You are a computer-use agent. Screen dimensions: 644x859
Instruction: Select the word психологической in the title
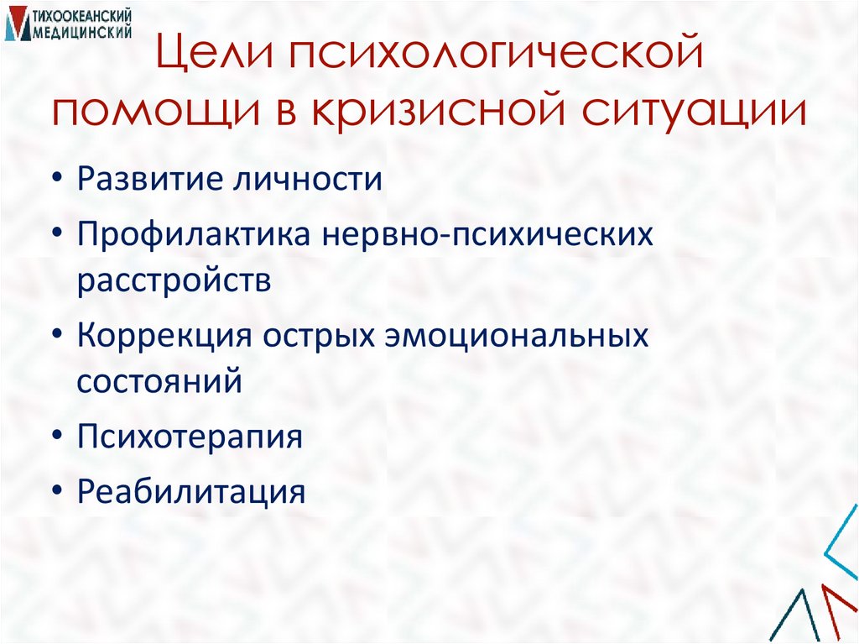click(x=493, y=60)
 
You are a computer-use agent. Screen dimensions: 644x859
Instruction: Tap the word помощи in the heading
click(x=148, y=112)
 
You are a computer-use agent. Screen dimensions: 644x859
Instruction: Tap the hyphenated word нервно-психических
click(x=486, y=235)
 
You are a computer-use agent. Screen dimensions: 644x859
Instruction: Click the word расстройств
click(x=174, y=281)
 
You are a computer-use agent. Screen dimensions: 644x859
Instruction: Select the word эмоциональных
click(x=518, y=336)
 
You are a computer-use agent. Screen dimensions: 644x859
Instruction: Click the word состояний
click(x=160, y=381)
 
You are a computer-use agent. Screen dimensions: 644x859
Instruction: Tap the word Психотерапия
click(x=190, y=437)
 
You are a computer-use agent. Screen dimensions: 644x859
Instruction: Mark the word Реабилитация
click(x=190, y=491)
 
